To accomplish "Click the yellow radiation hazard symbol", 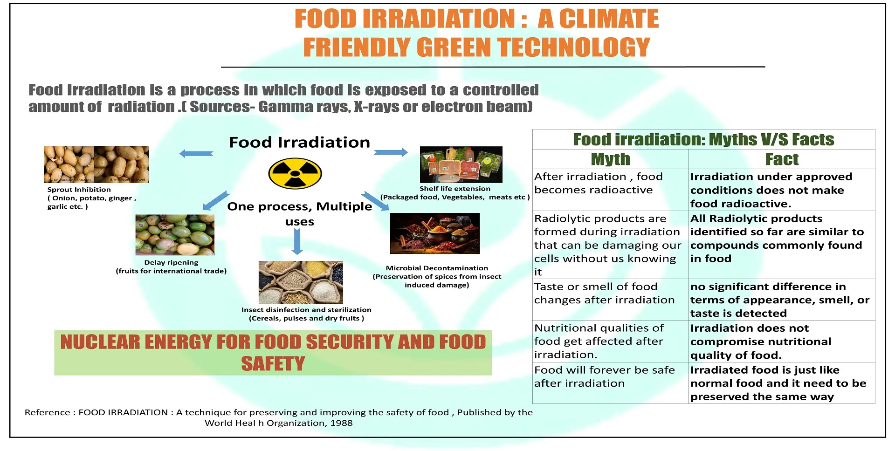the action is tap(295, 174).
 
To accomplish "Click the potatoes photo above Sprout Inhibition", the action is tap(96, 164).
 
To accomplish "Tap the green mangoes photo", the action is tap(175, 235).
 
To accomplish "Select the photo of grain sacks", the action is tap(301, 282).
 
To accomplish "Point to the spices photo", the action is tap(435, 233).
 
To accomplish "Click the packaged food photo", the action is tap(461, 164).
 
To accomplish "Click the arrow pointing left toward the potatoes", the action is tap(196, 154).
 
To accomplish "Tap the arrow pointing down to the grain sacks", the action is tap(297, 242).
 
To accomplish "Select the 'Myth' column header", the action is tap(610, 159).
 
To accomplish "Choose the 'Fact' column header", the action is tap(782, 159).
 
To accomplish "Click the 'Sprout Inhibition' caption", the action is tap(79, 190).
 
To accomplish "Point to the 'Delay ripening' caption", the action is tap(171, 262).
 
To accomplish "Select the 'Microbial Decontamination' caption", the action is tap(437, 268).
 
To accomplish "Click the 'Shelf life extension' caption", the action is tap(454, 189).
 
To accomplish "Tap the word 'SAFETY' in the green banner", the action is tap(273, 363).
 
